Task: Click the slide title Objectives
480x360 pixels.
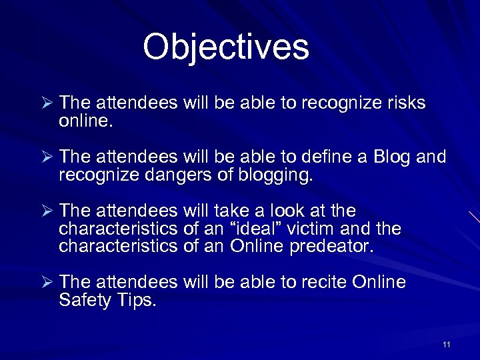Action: [x=226, y=47]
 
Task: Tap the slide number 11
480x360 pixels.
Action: [x=446, y=345]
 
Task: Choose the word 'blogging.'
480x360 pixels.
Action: [x=275, y=176]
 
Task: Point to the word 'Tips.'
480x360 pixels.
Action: [x=139, y=301]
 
